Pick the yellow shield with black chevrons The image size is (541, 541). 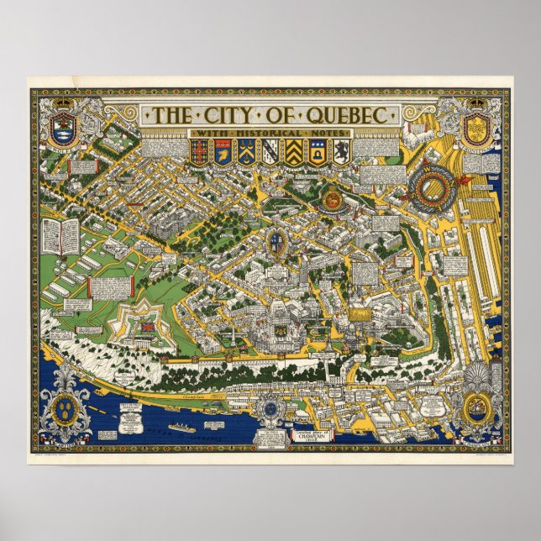click(292, 153)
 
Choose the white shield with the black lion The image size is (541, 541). click(341, 153)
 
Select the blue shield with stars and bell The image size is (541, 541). click(317, 153)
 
